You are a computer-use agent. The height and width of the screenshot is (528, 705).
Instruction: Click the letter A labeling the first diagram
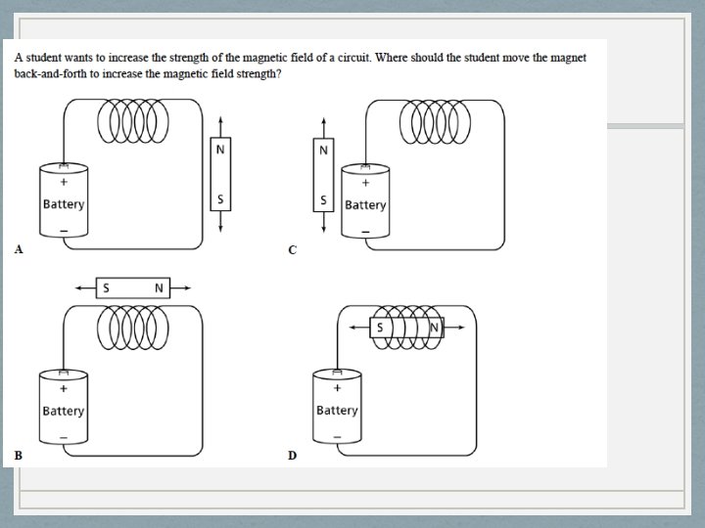tap(18, 249)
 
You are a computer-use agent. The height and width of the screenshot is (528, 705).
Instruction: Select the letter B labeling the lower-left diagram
tap(18, 455)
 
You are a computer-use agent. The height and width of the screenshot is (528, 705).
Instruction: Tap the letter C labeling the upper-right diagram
tap(292, 249)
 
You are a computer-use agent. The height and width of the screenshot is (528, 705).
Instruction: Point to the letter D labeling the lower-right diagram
tap(292, 455)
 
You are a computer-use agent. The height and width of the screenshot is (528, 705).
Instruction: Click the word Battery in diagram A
tap(64, 204)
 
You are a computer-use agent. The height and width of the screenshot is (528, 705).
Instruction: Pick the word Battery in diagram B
tap(64, 411)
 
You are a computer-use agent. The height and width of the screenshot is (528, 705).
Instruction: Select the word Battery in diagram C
tap(365, 204)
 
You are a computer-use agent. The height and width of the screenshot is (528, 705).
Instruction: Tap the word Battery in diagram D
tap(337, 411)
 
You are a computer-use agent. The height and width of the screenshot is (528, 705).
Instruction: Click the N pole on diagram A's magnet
tap(220, 150)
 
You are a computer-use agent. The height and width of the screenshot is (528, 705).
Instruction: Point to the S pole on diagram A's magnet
tap(220, 198)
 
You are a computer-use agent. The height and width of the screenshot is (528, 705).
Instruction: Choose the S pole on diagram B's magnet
tap(106, 287)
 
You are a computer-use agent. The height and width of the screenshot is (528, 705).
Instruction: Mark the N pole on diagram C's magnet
tap(322, 150)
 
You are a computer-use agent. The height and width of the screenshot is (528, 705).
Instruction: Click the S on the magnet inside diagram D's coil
tap(379, 329)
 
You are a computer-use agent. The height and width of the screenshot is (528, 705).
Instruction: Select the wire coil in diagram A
tap(133, 118)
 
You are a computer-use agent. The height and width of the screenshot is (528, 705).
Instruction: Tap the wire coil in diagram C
tap(435, 118)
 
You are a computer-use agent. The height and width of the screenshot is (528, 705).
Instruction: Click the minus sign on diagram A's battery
tap(64, 231)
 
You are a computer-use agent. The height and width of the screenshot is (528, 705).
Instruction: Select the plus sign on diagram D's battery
tap(337, 388)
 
